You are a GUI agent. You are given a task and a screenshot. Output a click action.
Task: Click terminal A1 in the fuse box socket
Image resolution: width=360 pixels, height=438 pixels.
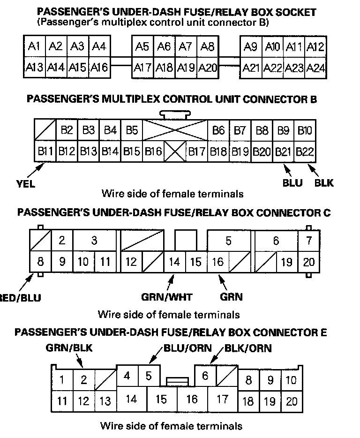(34, 46)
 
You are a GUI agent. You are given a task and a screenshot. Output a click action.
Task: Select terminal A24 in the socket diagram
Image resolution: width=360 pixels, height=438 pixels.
(315, 68)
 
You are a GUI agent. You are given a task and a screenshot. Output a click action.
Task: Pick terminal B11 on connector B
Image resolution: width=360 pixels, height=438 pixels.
(45, 151)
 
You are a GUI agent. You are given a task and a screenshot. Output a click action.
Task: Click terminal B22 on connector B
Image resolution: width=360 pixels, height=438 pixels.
(305, 151)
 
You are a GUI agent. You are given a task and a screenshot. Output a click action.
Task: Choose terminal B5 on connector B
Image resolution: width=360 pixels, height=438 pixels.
(132, 130)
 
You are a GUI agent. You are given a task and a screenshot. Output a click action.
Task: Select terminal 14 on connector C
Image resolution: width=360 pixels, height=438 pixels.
(174, 262)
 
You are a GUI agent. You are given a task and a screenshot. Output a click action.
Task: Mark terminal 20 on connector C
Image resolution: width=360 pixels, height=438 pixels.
(308, 262)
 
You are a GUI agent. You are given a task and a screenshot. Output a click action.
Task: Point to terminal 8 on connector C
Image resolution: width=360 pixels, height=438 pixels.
(40, 262)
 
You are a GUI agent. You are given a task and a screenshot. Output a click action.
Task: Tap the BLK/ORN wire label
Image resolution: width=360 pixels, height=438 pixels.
(248, 348)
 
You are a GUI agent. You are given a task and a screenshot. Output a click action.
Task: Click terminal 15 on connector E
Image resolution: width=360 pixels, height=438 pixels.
(161, 400)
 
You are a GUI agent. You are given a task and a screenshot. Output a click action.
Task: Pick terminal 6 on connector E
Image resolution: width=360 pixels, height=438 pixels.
(205, 376)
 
